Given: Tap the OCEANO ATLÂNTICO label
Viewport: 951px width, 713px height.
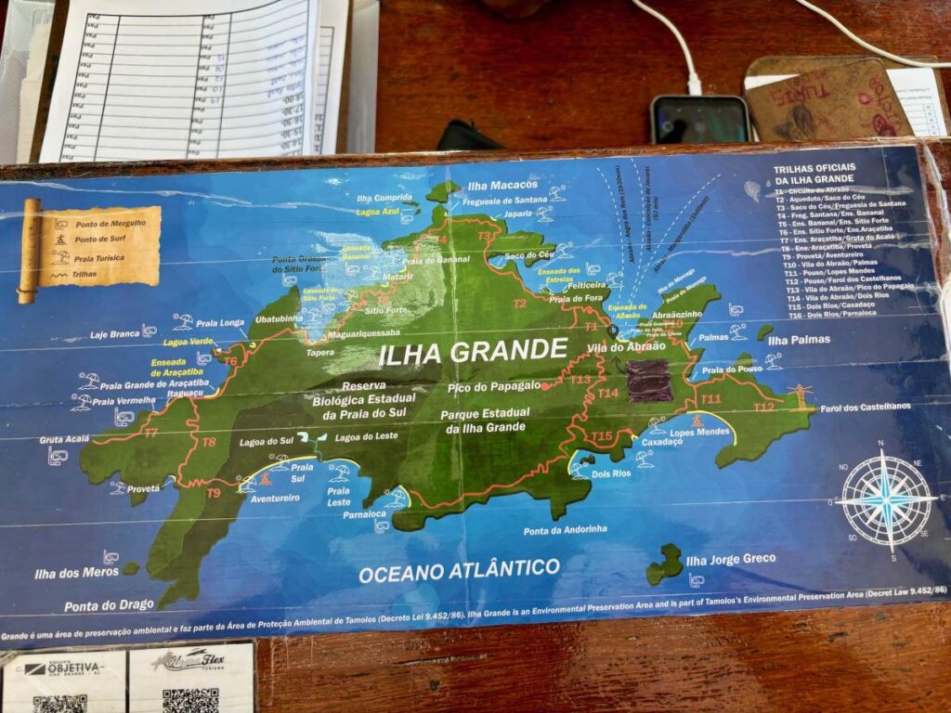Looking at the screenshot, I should [x=459, y=570].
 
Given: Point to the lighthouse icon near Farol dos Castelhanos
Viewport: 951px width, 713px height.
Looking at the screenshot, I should [x=798, y=393].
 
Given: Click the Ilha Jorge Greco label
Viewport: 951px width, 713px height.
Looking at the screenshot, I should [x=730, y=560].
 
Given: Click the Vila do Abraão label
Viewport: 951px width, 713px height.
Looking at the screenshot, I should [x=627, y=346].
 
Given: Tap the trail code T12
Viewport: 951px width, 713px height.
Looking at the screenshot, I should [x=763, y=407].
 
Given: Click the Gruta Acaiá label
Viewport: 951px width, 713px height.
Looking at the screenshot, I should [x=64, y=439].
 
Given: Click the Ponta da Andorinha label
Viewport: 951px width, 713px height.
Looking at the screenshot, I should [x=566, y=529].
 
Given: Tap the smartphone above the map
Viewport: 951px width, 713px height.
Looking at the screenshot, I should [x=699, y=119].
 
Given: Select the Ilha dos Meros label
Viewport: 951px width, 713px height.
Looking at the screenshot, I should [x=76, y=572].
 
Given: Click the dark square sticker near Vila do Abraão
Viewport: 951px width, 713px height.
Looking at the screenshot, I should [x=648, y=381].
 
